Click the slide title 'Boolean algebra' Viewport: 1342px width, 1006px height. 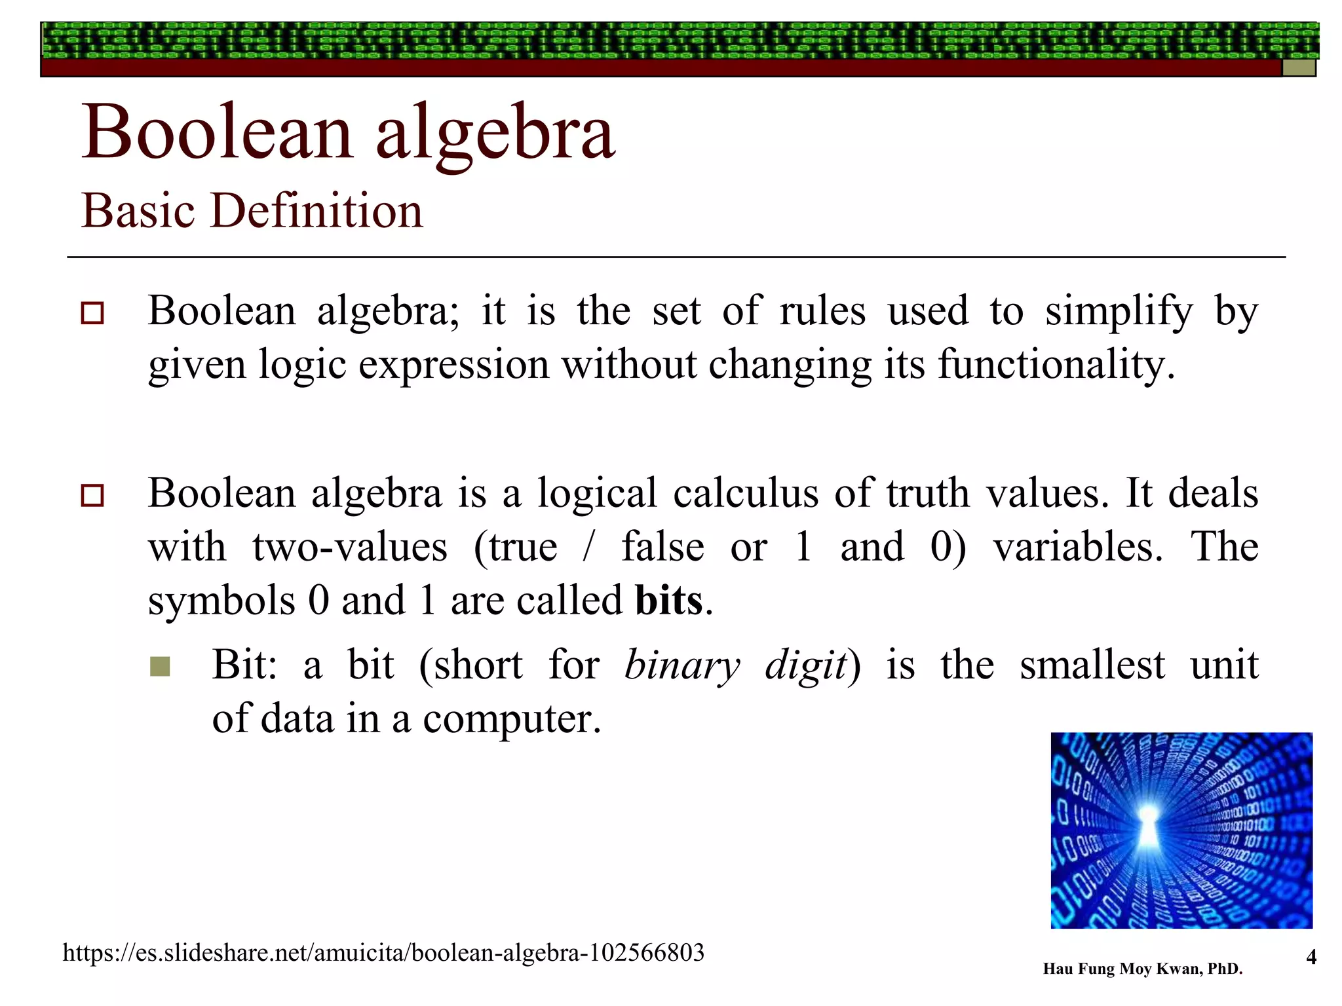coord(347,132)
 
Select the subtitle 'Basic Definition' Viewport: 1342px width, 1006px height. coord(252,211)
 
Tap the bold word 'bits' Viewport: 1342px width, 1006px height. coord(669,601)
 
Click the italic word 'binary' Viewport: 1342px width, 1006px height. coord(681,666)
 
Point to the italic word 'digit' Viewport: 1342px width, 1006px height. coord(805,666)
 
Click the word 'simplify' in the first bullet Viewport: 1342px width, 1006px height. coord(1119,311)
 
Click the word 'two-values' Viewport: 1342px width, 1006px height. coord(350,548)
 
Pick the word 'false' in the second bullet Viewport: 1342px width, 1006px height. coord(662,548)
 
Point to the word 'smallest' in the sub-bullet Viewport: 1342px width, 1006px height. coord(1092,666)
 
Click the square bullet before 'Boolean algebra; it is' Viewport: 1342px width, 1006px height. coord(92,313)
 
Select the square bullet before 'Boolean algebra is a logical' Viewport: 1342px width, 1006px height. coord(92,496)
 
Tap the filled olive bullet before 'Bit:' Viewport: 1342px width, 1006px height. coord(160,667)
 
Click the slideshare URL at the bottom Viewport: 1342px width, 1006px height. coord(383,953)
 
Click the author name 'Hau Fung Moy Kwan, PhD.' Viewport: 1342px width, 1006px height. coord(1142,969)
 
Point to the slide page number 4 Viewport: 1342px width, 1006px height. coord(1311,958)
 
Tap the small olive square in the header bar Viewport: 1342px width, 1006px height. coord(1298,68)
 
